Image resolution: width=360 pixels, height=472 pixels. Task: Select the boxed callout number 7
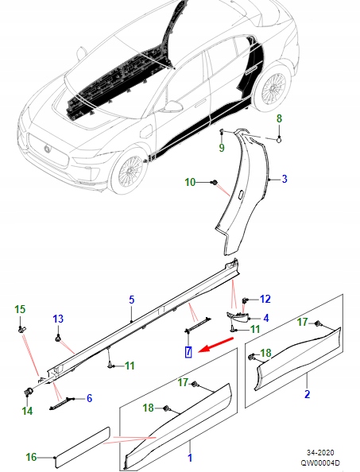point(188,352)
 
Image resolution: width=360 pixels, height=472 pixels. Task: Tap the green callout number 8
point(279,119)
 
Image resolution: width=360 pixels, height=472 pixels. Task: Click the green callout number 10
point(190,183)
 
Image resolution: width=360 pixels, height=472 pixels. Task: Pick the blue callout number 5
point(133,300)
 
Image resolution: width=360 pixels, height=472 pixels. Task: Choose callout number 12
point(265,299)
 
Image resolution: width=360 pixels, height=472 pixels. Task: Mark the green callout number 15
point(21,308)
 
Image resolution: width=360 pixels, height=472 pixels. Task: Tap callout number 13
point(57,319)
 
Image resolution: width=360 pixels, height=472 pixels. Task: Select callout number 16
point(31,457)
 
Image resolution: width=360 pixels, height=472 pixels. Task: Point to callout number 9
point(222,147)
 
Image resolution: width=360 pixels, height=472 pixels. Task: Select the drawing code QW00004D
point(320,462)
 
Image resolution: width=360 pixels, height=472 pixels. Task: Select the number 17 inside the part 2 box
point(302,323)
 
